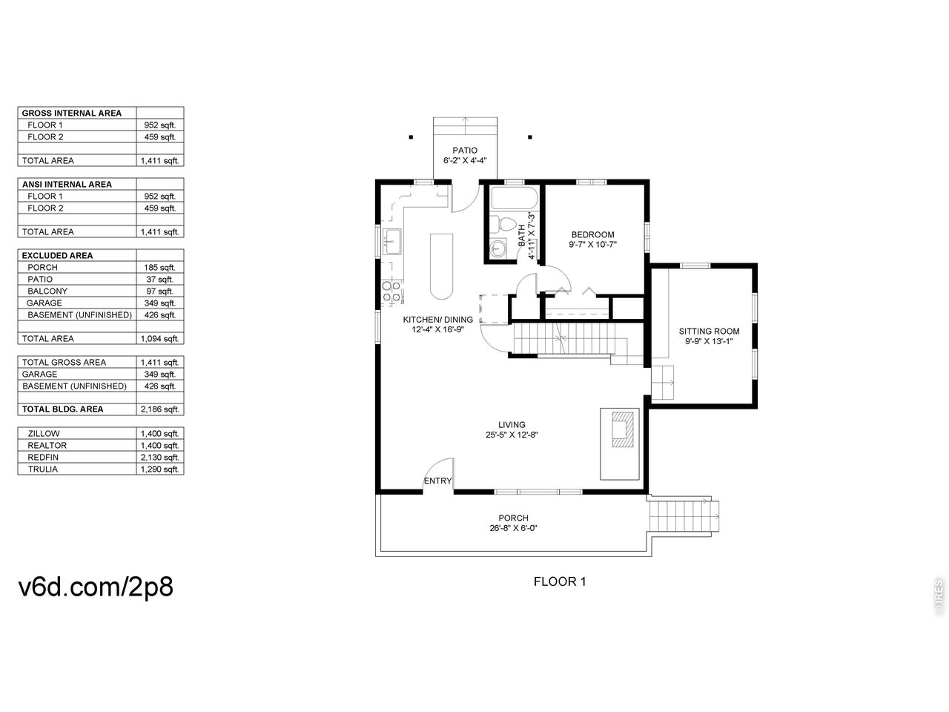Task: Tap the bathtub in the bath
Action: pos(514,197)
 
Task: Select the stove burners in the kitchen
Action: pos(391,291)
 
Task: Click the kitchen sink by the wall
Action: pos(393,241)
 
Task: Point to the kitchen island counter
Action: pos(441,266)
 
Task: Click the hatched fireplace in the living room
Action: pos(623,429)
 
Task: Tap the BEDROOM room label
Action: pos(592,235)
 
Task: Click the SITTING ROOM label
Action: pos(709,331)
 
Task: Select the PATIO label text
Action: pos(465,151)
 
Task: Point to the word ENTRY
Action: pos(437,481)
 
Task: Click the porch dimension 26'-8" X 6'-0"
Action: pos(513,528)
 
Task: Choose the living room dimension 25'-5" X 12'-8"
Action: pos(512,435)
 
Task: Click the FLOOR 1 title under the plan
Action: pos(560,581)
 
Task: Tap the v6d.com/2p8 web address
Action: pos(96,587)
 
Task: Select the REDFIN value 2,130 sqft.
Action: pos(159,457)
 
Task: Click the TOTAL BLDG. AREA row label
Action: pos(63,409)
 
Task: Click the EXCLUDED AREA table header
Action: pos(58,255)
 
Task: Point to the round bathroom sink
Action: pos(498,248)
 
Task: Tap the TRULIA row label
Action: pos(43,469)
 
